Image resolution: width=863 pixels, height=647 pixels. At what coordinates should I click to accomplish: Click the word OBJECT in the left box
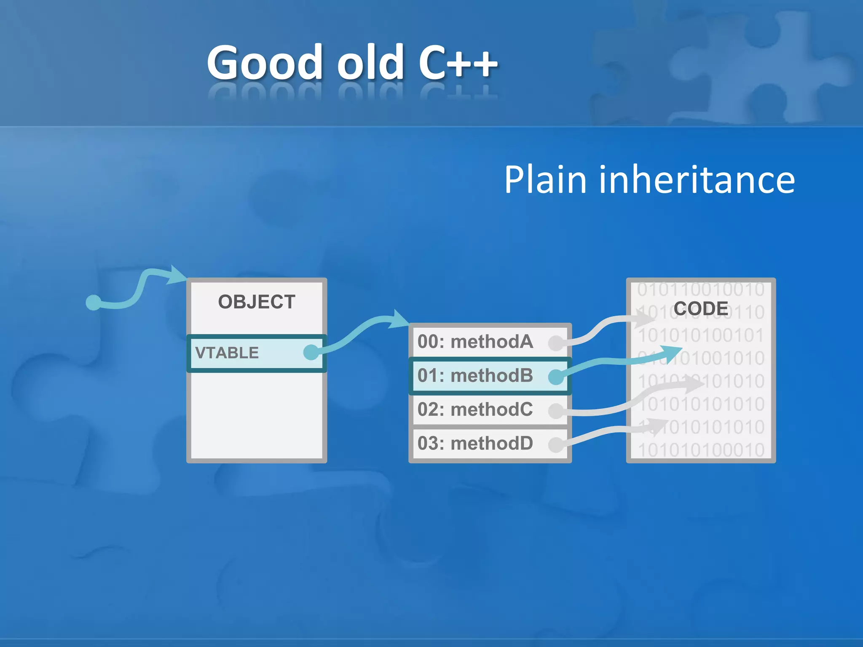(x=256, y=302)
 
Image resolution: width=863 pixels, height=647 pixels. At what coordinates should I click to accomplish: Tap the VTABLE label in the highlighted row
(x=227, y=353)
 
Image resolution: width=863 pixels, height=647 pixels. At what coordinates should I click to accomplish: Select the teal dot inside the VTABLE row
(x=311, y=352)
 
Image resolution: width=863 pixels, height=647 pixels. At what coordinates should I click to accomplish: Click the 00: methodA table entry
(x=475, y=342)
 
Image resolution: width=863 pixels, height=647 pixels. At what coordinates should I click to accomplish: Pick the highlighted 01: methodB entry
(x=475, y=376)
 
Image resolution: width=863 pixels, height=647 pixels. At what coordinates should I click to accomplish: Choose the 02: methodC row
(x=475, y=409)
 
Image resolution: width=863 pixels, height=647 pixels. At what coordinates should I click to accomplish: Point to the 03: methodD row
(x=475, y=444)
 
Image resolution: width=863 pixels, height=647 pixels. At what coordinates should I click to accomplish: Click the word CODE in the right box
(x=701, y=308)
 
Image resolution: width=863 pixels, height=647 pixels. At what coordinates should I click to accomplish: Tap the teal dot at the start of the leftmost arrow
(x=93, y=302)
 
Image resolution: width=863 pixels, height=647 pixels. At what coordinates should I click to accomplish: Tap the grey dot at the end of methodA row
(x=556, y=343)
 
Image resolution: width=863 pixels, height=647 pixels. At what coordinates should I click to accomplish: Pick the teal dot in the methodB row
(x=556, y=377)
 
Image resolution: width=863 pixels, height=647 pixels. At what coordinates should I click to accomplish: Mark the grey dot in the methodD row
(x=556, y=445)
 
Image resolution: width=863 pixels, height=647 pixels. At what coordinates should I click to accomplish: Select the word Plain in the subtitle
(x=545, y=180)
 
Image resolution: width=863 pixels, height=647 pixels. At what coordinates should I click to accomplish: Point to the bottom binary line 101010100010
(x=701, y=450)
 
